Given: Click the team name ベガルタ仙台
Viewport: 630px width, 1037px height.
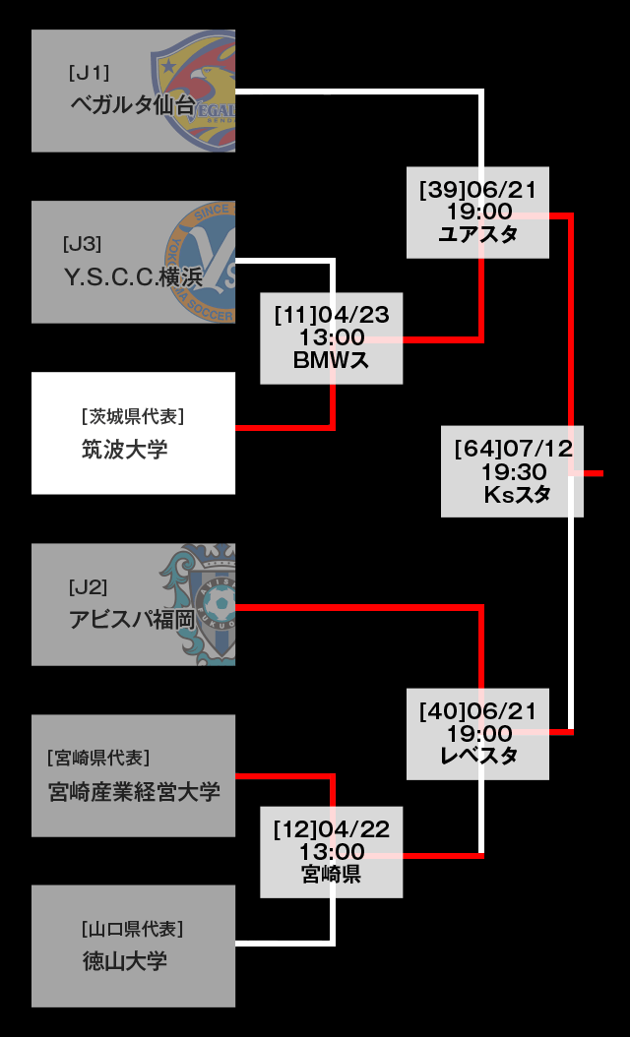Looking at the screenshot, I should (x=132, y=105).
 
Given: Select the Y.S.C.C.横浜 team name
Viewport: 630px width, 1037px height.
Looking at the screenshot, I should (x=133, y=277).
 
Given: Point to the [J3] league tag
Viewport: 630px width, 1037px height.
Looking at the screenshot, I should (x=82, y=244).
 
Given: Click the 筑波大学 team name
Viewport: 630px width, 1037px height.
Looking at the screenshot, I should (x=124, y=450).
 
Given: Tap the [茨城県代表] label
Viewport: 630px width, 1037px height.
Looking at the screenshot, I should (x=133, y=416).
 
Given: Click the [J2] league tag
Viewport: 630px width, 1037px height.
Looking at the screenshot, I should (x=88, y=587).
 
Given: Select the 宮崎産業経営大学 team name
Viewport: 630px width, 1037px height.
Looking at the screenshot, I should (x=134, y=791).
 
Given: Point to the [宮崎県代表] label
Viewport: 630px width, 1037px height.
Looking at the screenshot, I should (x=97, y=758).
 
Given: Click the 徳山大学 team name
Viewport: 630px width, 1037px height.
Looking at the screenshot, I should (x=125, y=961).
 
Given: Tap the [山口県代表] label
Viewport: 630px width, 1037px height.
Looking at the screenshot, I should (x=132, y=928).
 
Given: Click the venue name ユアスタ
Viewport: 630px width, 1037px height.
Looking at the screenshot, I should (x=477, y=234).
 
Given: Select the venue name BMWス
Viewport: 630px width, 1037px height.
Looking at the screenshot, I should (x=331, y=360).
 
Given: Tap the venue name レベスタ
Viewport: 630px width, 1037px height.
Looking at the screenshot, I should (x=477, y=756).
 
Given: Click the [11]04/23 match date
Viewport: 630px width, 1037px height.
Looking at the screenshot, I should (x=331, y=315).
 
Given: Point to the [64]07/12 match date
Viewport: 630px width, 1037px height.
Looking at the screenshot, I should (x=513, y=449).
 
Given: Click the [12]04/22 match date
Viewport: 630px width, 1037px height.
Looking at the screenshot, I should (x=331, y=829).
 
